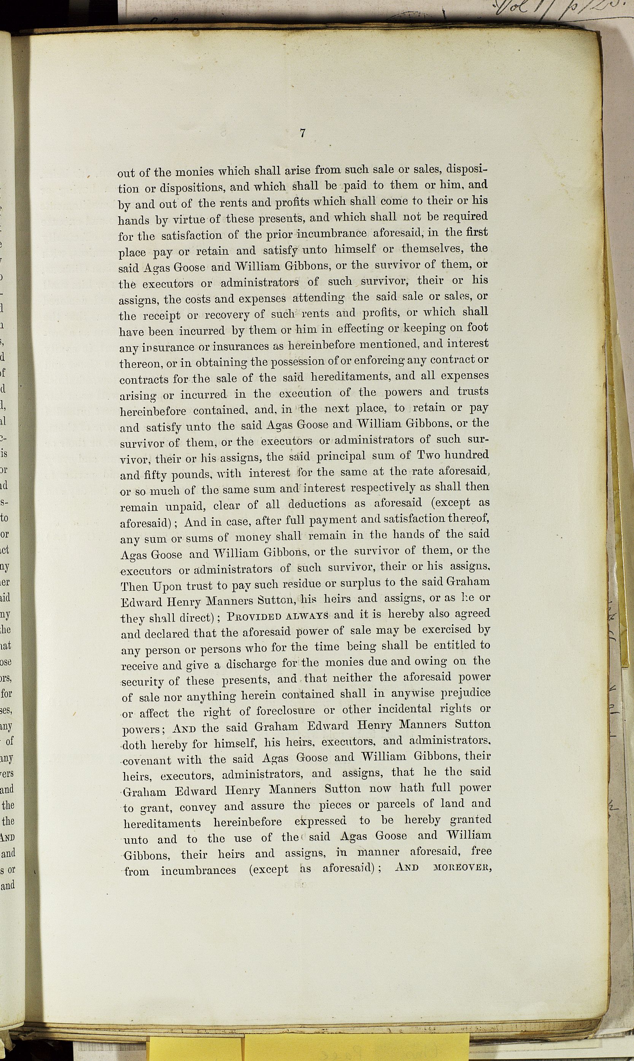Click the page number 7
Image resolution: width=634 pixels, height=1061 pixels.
click(302, 133)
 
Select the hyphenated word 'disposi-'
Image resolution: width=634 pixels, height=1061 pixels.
click(467, 170)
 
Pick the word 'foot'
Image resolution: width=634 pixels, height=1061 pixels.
click(478, 327)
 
